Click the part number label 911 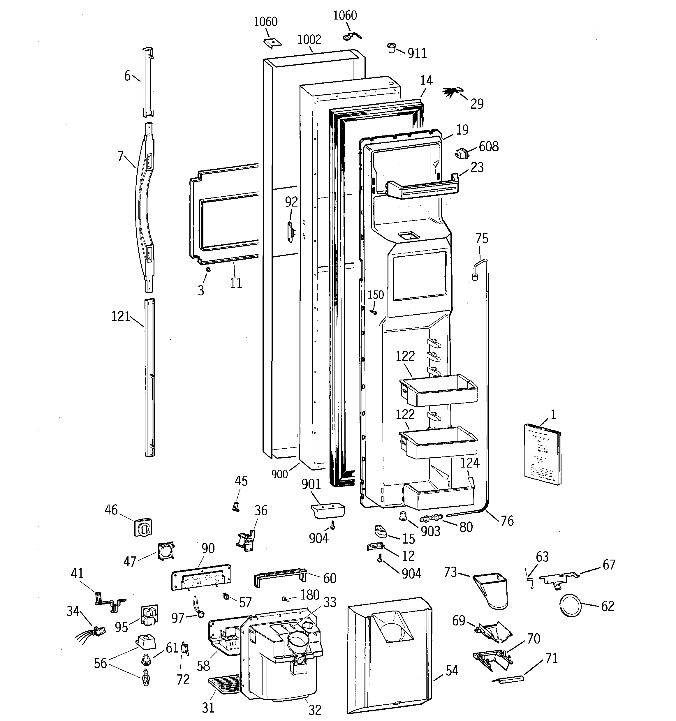coord(417,53)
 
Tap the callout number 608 coord(488,147)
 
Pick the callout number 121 coord(120,317)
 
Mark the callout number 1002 coord(309,39)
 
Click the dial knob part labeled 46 coord(142,527)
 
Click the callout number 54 coord(452,671)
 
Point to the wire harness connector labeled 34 coord(98,632)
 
